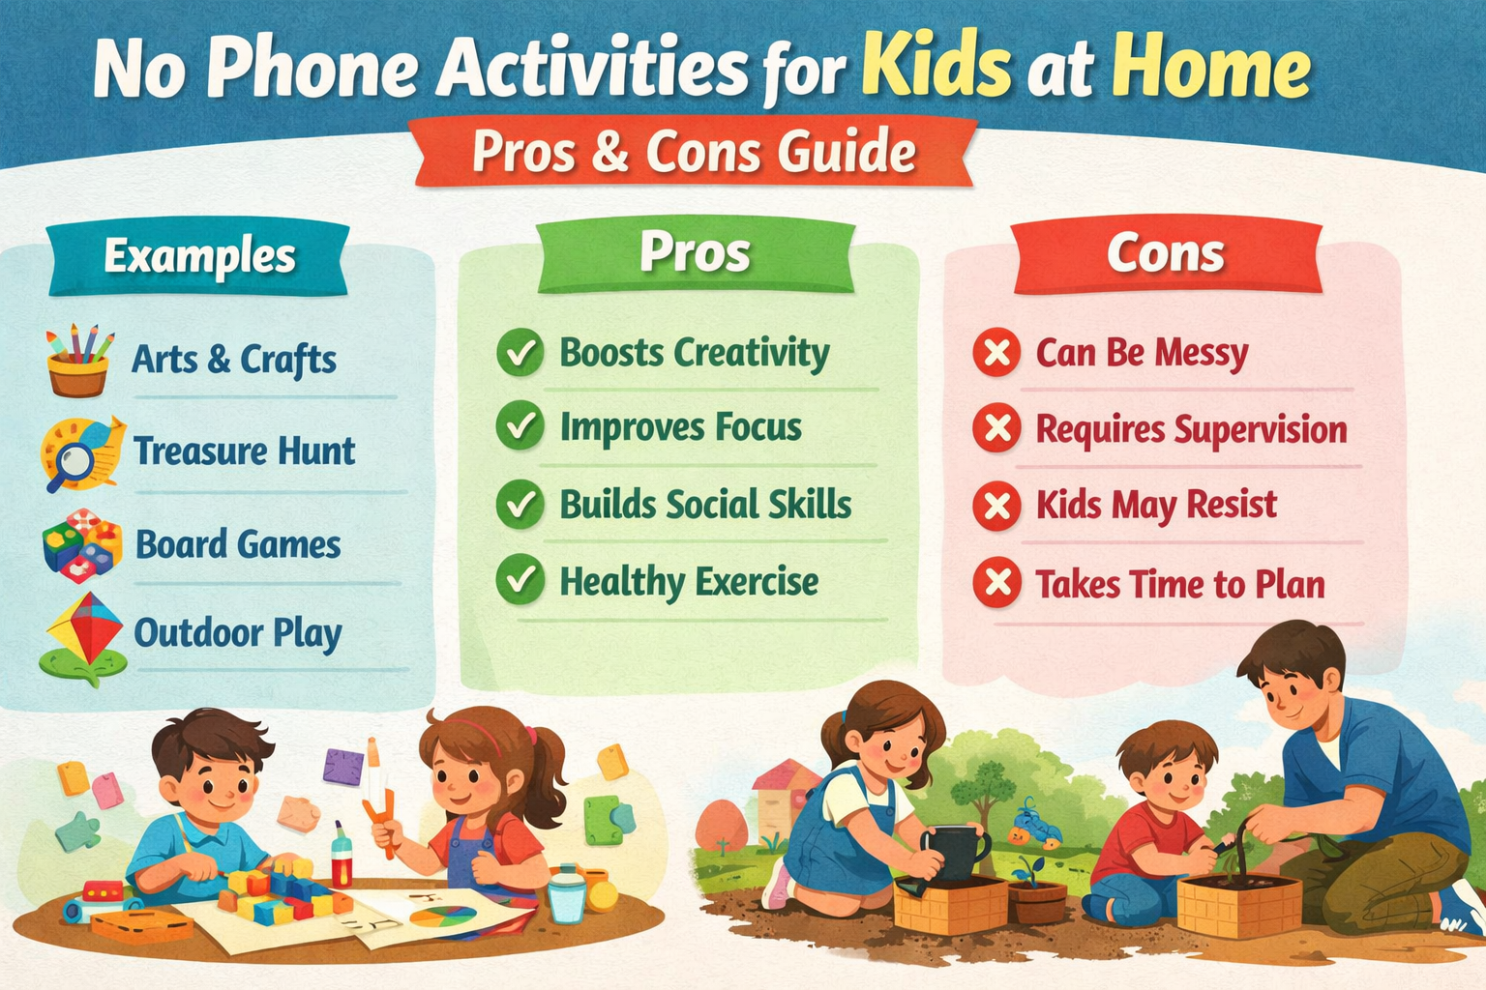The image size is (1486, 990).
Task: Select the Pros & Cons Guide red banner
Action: (x=694, y=152)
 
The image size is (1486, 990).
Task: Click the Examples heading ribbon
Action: (x=199, y=256)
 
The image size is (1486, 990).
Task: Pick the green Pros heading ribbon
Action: (x=695, y=253)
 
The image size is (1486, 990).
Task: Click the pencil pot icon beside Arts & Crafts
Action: (x=78, y=362)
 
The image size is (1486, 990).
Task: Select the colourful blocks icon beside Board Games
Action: (x=82, y=545)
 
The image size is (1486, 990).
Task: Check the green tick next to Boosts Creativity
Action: (x=520, y=353)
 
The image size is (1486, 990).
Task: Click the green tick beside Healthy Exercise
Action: (x=520, y=580)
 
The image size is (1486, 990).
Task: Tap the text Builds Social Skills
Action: (x=705, y=505)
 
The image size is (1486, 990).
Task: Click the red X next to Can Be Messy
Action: (x=996, y=352)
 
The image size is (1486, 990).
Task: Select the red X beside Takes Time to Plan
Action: (x=996, y=583)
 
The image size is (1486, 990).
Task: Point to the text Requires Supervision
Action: (x=1191, y=429)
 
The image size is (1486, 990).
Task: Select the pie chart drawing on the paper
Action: (x=443, y=915)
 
